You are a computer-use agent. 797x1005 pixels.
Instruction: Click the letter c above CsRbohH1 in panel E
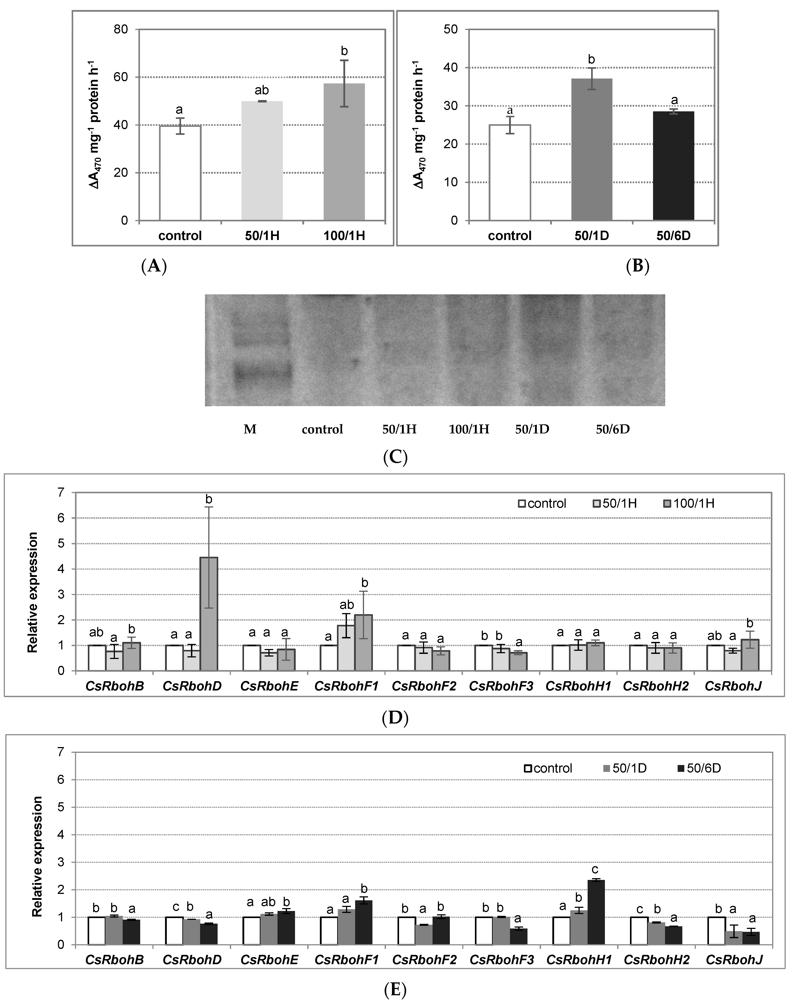(595, 870)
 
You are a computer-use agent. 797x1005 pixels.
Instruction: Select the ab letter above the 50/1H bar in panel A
(262, 90)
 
